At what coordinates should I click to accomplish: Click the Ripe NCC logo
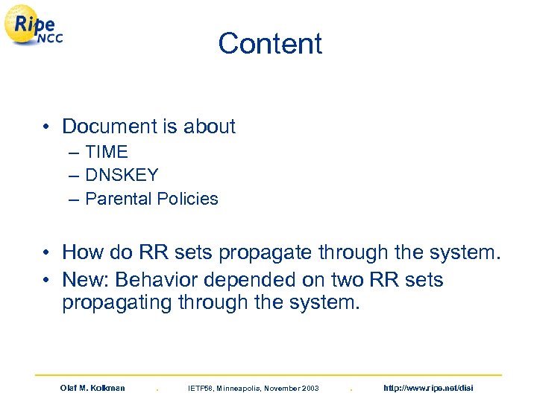(x=33, y=28)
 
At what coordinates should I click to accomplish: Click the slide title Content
(x=270, y=43)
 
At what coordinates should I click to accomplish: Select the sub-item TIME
(x=107, y=152)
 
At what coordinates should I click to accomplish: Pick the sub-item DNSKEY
(x=122, y=175)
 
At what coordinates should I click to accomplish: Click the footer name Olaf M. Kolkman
(x=92, y=388)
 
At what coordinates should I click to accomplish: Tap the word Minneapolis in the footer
(x=241, y=388)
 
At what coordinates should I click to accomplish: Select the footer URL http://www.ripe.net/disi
(x=427, y=388)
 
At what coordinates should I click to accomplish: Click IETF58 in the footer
(x=201, y=388)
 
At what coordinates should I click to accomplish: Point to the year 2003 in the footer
(x=308, y=388)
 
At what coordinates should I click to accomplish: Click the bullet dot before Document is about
(x=46, y=127)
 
